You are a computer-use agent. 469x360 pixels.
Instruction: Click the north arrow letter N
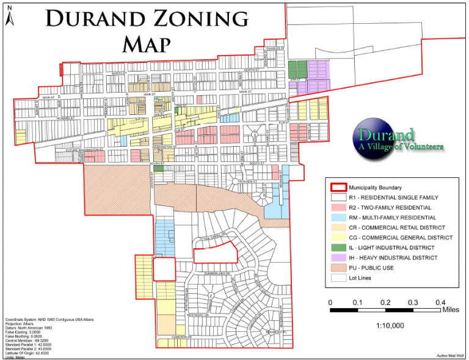(x=9, y=18)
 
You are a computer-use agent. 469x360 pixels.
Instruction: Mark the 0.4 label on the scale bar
(x=439, y=302)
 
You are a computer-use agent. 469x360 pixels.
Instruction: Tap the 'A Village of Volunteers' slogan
(x=401, y=147)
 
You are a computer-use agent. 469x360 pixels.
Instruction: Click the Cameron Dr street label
(x=181, y=337)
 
